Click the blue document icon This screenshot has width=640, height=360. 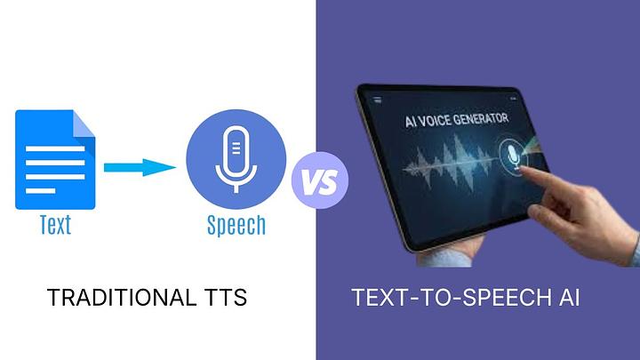click(x=55, y=160)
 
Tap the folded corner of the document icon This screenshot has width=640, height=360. click(x=84, y=124)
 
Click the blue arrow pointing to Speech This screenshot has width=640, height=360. click(x=140, y=167)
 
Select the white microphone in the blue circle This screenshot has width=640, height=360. click(x=236, y=160)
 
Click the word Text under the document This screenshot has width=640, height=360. click(x=55, y=225)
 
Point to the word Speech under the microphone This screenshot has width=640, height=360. click(x=236, y=225)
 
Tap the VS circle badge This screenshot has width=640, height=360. click(x=320, y=180)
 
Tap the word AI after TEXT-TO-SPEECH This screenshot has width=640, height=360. click(x=569, y=297)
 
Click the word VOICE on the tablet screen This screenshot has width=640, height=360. click(x=434, y=121)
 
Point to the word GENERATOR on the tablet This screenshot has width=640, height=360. click(x=481, y=119)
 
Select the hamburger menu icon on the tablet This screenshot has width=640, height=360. click(x=378, y=100)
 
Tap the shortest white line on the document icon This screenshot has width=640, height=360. click(x=40, y=191)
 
